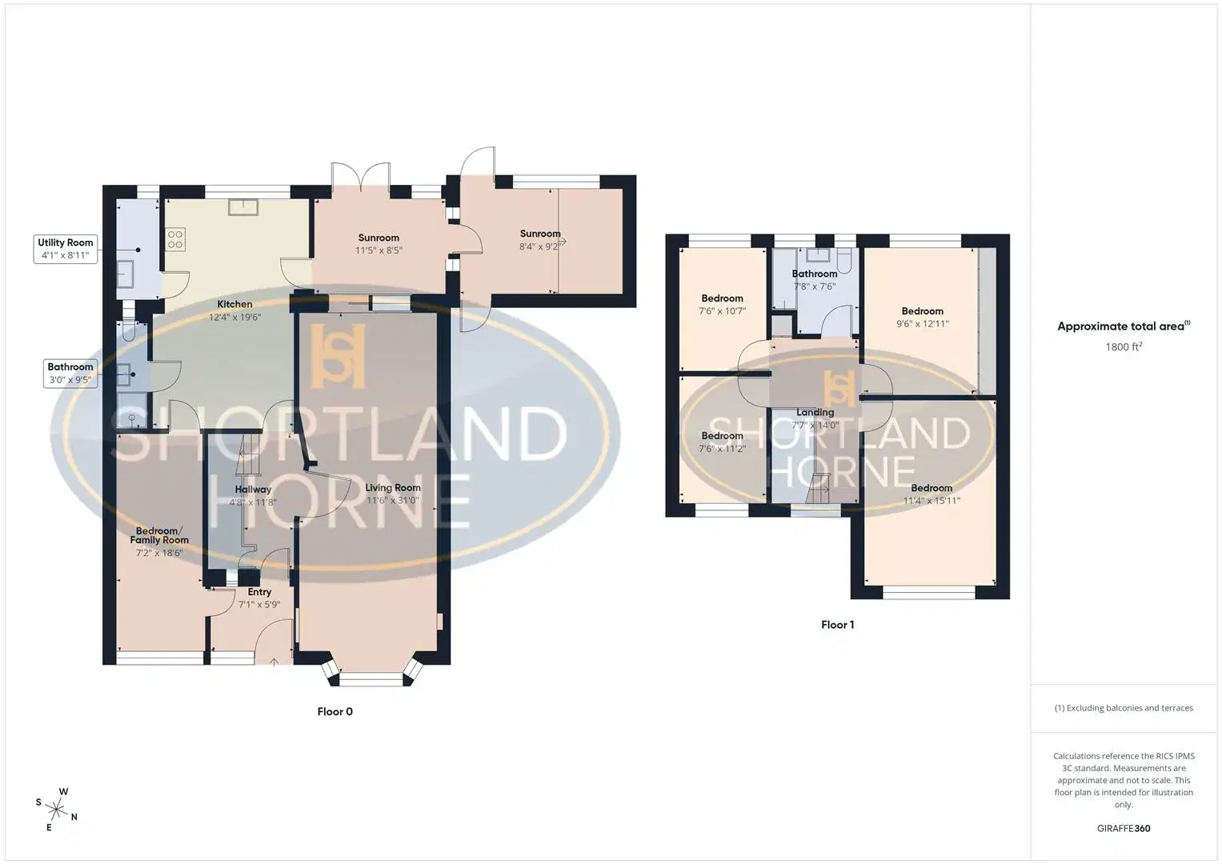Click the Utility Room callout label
tap(66, 249)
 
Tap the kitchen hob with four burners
tap(175, 239)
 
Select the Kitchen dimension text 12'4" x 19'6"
tap(235, 317)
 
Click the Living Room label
tap(393, 488)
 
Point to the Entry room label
tap(259, 592)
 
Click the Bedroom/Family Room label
tap(158, 535)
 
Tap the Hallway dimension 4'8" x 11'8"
tap(253, 502)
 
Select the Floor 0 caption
tap(335, 711)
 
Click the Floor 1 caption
tap(837, 625)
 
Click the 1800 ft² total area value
tap(1124, 346)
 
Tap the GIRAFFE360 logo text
tap(1124, 828)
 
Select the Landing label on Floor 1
tap(815, 412)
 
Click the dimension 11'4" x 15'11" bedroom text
tap(932, 500)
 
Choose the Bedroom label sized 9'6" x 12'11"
tap(922, 311)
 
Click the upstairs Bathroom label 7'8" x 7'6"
tap(815, 274)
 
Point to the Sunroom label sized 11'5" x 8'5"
tap(379, 238)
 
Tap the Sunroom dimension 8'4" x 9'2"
tap(539, 246)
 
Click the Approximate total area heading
tap(1124, 326)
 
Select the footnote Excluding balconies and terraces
tap(1124, 708)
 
